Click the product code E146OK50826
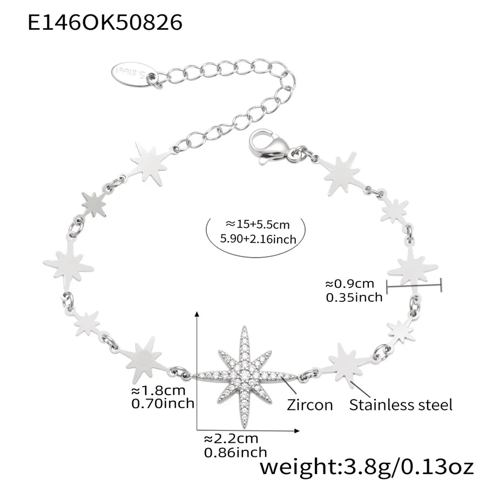point(105,23)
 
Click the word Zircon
point(309,405)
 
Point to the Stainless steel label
point(401,405)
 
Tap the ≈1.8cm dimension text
point(158,390)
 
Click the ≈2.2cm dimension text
point(231,438)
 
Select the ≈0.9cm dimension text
point(350,283)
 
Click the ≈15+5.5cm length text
point(258,224)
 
